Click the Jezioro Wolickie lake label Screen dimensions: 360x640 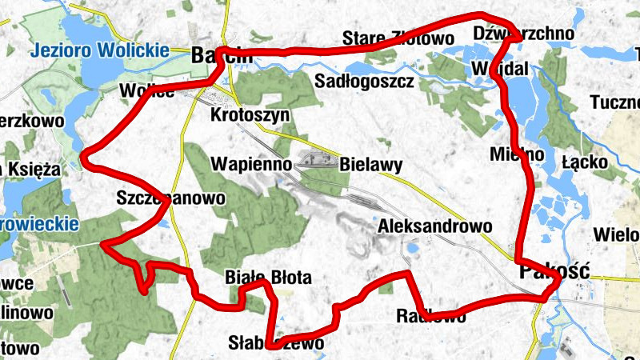pos(100,51)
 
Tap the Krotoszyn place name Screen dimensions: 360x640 pos(250,115)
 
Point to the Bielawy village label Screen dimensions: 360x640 pos(370,166)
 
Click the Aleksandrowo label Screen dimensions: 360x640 pos(435,226)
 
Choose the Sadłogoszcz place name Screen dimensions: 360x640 pos(364,82)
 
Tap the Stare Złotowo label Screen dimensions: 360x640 pos(395,38)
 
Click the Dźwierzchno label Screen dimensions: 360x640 pos(524,33)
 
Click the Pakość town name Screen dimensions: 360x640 pos(554,270)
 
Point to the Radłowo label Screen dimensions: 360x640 pos(431,316)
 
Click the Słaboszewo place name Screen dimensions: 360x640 pos(277,344)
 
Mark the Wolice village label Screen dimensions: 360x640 pos(146,90)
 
